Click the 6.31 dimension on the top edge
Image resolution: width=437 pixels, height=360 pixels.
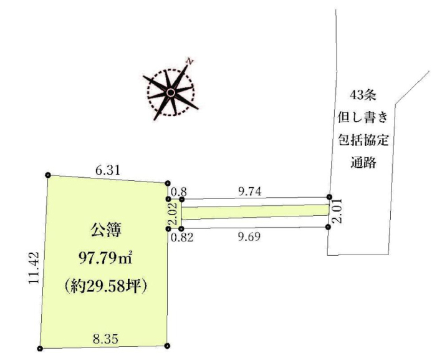coord(108,170)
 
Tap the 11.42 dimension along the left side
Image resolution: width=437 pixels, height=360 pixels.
coord(34,268)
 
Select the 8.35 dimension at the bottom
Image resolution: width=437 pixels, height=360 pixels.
coord(105,339)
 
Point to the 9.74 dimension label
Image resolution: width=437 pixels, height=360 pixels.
coord(250,192)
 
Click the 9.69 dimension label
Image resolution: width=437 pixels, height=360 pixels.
coord(249,236)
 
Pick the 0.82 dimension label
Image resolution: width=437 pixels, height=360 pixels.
coord(182,238)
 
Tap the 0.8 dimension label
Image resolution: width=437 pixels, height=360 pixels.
coord(179,192)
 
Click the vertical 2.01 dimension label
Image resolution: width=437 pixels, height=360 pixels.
coord(337,211)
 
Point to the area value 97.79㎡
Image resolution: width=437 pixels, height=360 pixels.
coord(105,259)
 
